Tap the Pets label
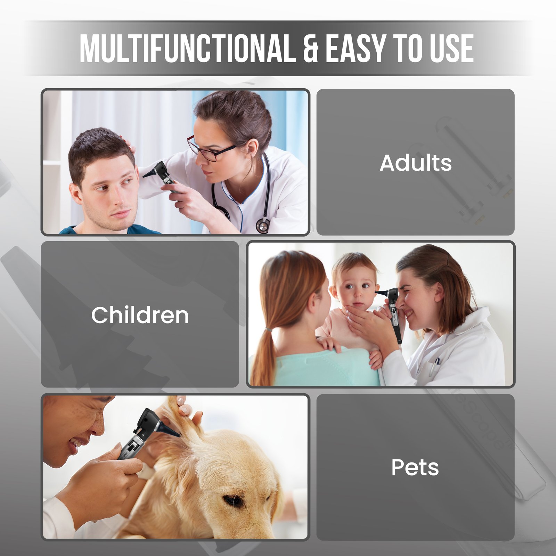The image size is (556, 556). tap(415, 467)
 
